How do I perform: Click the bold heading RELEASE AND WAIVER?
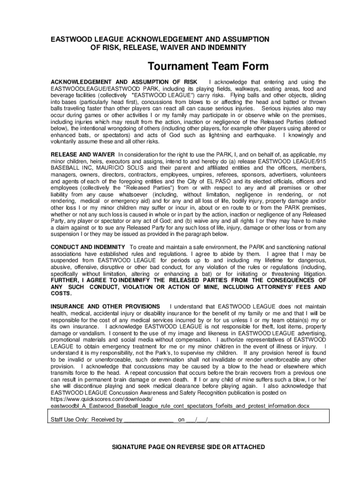[x=82, y=154]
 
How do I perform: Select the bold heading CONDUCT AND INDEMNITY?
[x=87, y=247]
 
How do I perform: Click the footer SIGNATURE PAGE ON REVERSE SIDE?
[x=188, y=447]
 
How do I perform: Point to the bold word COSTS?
[x=61, y=293]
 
